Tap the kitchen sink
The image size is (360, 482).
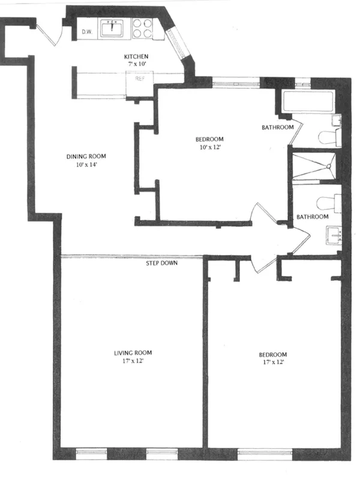[x=112, y=28]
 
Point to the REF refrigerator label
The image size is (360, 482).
[x=140, y=79]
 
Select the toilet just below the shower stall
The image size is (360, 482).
[x=328, y=201]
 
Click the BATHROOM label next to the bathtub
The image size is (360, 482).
[x=278, y=127]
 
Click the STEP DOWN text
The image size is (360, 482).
[x=165, y=263]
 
